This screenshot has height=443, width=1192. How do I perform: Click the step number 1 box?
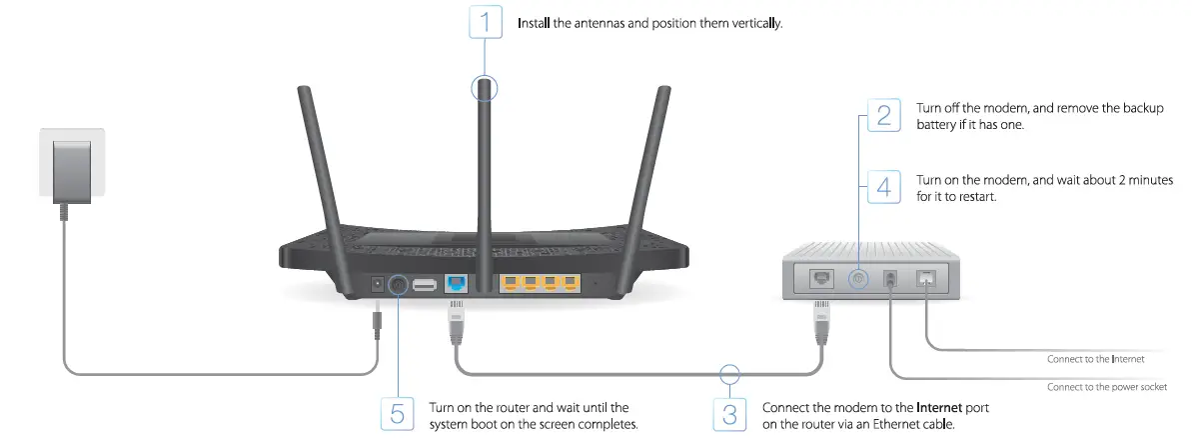[487, 22]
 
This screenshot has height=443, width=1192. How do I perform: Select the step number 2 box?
[883, 115]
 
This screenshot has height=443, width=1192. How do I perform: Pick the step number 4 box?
[883, 187]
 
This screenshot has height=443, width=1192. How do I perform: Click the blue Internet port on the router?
[456, 285]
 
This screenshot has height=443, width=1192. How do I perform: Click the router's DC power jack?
[378, 285]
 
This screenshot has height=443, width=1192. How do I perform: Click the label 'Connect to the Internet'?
[1095, 358]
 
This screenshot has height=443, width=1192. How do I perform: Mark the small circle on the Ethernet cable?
[730, 375]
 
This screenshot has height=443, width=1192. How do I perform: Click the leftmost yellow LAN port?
[510, 285]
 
